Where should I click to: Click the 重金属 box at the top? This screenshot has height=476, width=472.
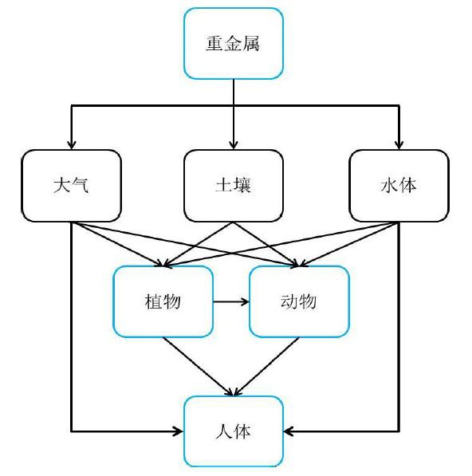pyautogui.click(x=234, y=43)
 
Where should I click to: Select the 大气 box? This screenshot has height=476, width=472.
pyautogui.click(x=72, y=185)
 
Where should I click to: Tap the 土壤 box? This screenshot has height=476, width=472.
pyautogui.click(x=234, y=185)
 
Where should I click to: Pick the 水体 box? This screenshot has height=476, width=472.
pyautogui.click(x=398, y=185)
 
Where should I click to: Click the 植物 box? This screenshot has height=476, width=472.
pyautogui.click(x=163, y=301)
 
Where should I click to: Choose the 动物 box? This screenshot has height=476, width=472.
pyautogui.click(x=299, y=301)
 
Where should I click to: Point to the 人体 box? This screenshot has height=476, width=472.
pyautogui.click(x=234, y=431)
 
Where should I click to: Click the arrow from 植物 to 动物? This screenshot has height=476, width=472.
pyautogui.click(x=231, y=301)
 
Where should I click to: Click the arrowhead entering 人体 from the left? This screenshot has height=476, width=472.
pyautogui.click(x=178, y=431)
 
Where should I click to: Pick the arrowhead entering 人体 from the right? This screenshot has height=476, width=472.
pyautogui.click(x=289, y=431)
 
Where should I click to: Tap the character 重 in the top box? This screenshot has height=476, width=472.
pyautogui.click(x=214, y=43)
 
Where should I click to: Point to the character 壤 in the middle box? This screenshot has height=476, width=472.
pyautogui.click(x=243, y=186)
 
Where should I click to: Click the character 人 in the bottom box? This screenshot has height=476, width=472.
pyautogui.click(x=224, y=431)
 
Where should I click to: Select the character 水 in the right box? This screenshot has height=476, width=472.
pyautogui.click(x=388, y=186)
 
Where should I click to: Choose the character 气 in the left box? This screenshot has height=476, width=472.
pyautogui.click(x=81, y=186)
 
